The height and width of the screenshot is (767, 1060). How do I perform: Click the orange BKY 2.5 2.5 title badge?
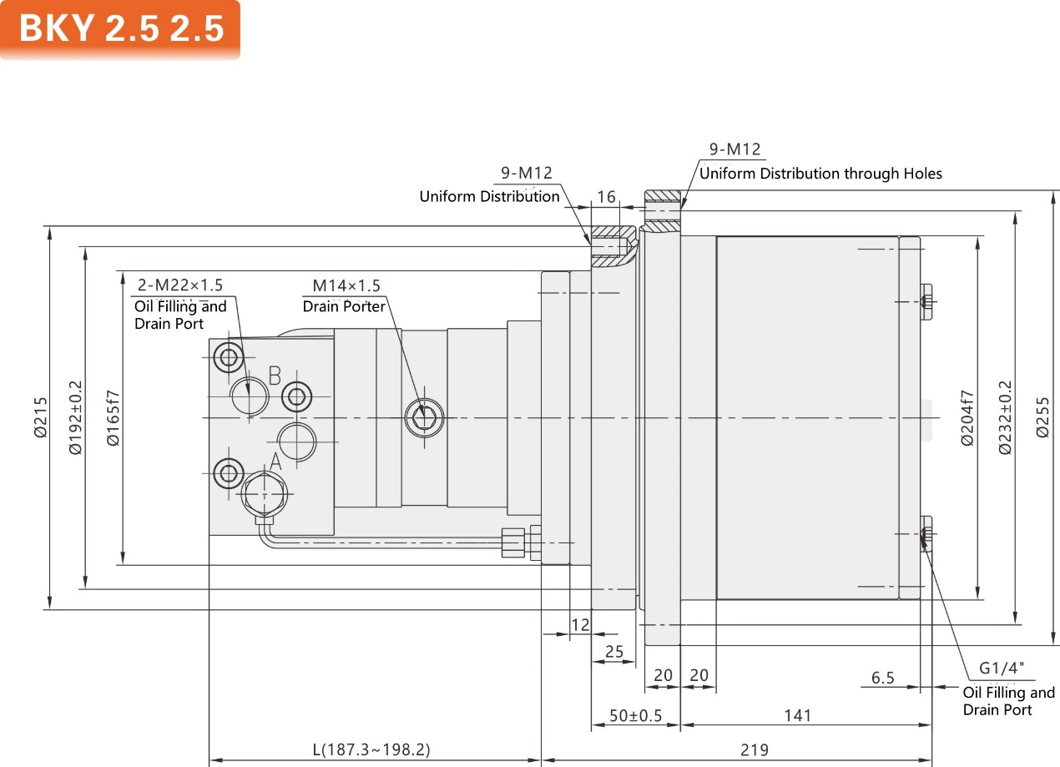pos(120,29)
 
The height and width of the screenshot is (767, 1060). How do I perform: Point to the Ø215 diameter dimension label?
pos(41,417)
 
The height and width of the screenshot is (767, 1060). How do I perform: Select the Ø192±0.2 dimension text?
pos(75,417)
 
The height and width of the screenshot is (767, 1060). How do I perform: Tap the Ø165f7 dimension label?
pos(114,418)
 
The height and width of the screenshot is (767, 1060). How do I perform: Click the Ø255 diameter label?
pos(1042,417)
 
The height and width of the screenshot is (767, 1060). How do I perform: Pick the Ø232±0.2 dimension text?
pos(1005,417)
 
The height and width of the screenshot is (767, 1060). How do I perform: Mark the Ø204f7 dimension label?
pos(967,418)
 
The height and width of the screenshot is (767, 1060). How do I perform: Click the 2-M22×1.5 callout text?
pos(179,285)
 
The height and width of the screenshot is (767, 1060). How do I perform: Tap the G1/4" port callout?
pos(1002,668)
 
